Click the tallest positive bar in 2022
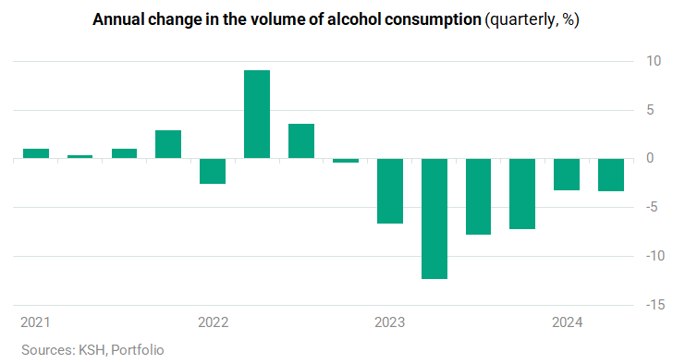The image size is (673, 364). (257, 115)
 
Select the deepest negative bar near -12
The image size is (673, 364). (434, 219)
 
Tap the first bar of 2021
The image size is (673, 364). (36, 153)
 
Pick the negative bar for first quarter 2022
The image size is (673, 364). (213, 171)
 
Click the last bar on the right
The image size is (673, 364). (611, 175)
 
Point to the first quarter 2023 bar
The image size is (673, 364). (390, 191)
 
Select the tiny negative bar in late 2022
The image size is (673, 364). (346, 161)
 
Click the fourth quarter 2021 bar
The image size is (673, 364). (168, 144)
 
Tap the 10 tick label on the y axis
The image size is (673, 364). (655, 61)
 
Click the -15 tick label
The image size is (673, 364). (655, 305)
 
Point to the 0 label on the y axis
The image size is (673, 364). (650, 158)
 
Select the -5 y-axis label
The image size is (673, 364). (652, 207)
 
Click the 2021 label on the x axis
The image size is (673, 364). (36, 322)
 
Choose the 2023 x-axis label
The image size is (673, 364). (390, 322)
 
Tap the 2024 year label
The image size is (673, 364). (568, 322)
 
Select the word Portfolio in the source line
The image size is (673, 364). (138, 350)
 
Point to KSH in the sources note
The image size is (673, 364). (92, 350)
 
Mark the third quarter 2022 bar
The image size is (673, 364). (301, 141)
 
